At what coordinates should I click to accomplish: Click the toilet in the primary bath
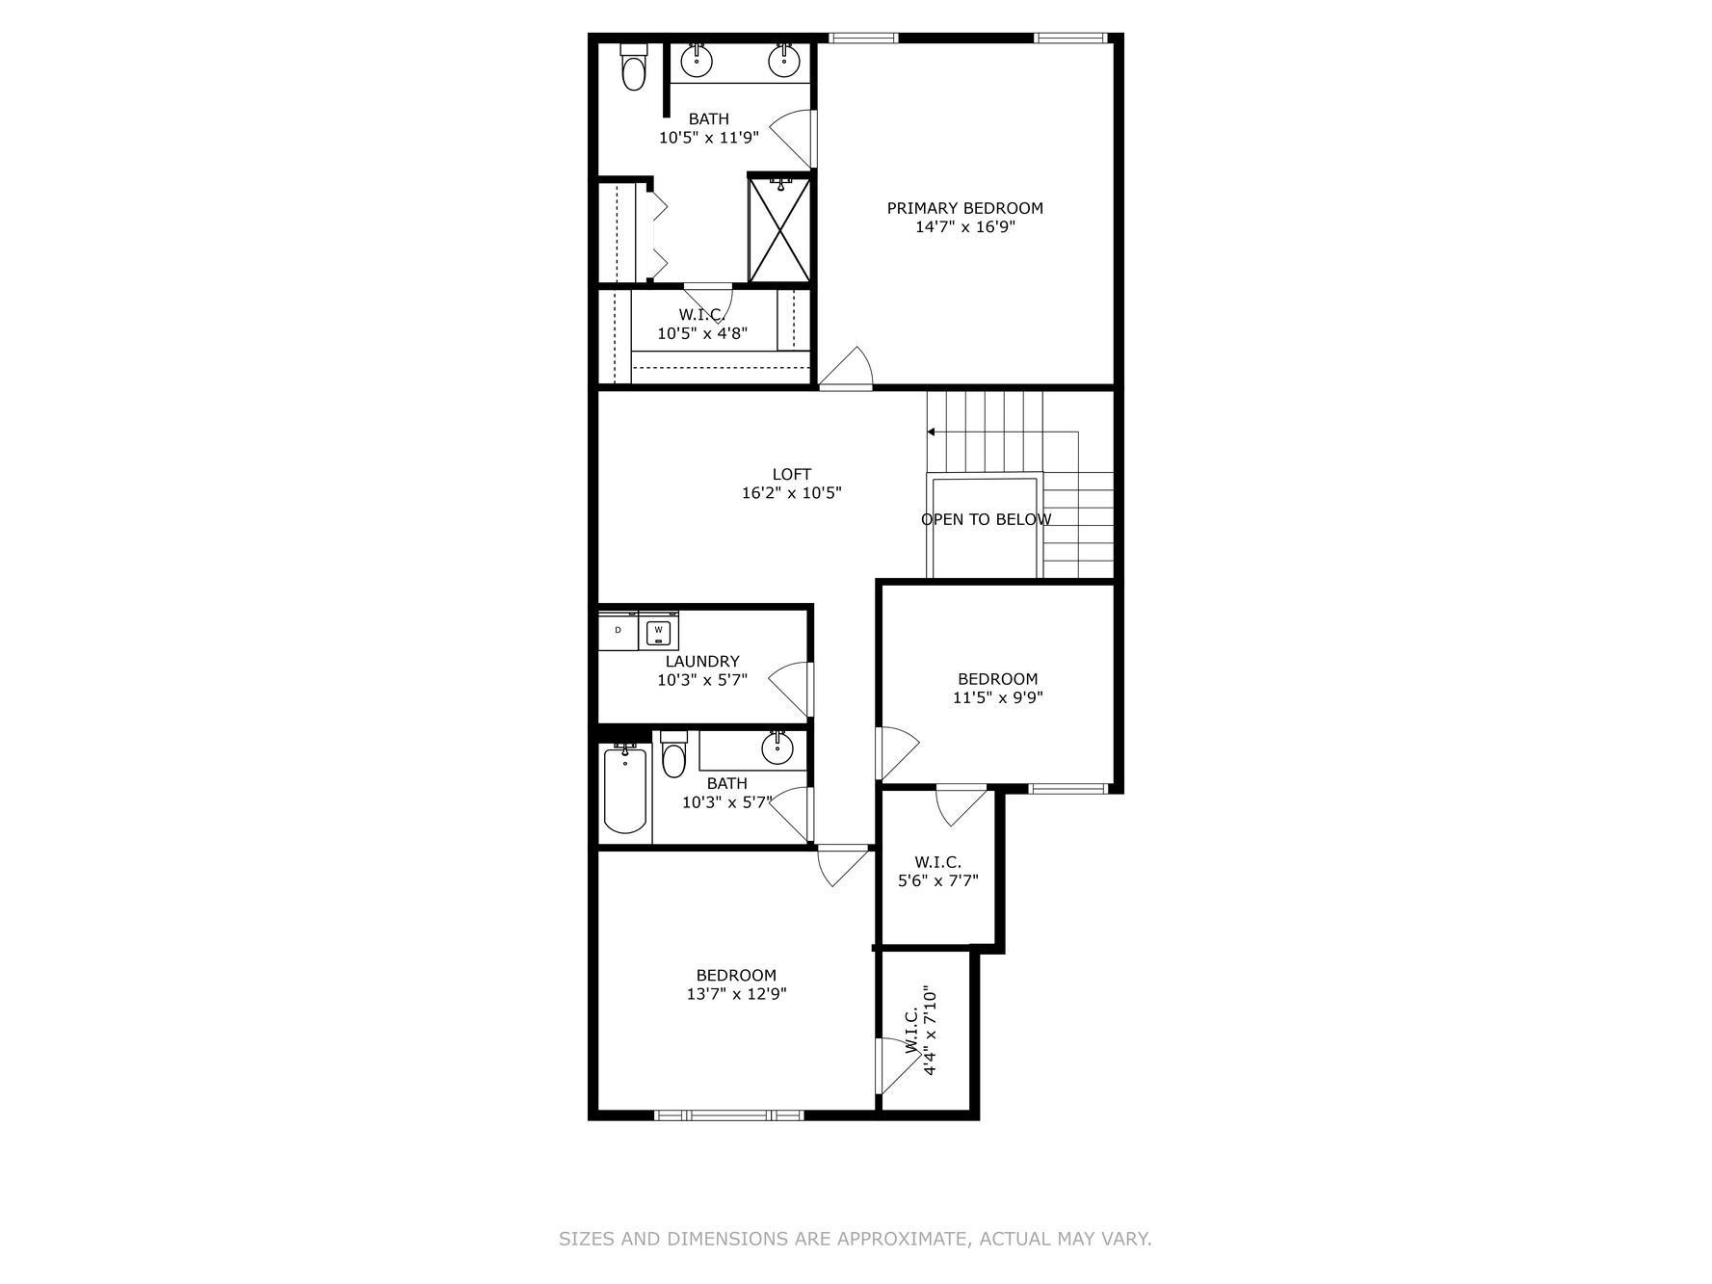tap(633, 69)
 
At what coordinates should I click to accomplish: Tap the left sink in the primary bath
tap(697, 61)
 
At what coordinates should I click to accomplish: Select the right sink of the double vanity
tap(784, 61)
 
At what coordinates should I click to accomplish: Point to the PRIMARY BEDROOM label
tap(964, 208)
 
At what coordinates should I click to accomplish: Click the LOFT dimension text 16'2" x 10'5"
tap(791, 493)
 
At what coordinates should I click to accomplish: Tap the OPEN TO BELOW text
tap(986, 519)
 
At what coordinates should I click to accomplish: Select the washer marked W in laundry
tap(658, 632)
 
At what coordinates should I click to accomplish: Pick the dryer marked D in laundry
tap(619, 631)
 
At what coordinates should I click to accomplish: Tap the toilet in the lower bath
tap(673, 757)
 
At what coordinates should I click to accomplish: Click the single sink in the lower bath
tap(777, 747)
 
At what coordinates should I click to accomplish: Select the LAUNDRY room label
tap(702, 662)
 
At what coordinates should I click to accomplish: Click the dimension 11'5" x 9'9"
tap(997, 698)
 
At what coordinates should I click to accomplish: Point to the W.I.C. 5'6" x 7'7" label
tap(937, 871)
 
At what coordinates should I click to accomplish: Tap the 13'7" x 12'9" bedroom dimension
tap(736, 994)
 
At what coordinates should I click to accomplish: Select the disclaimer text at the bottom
tap(855, 1239)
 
